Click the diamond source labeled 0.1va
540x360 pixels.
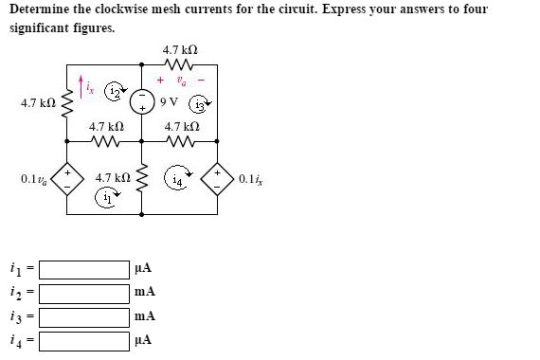[66, 178]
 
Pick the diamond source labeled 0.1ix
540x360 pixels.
[221, 178]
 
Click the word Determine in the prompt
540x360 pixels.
[43, 10]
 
